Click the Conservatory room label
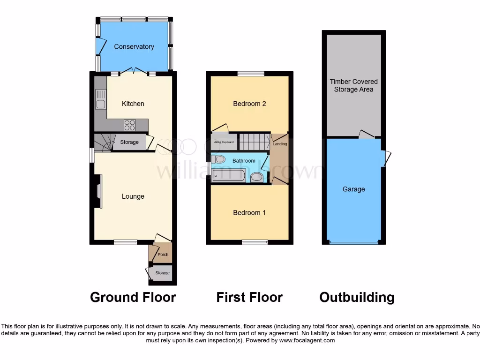pyautogui.click(x=134, y=47)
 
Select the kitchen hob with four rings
pyautogui.click(x=129, y=125)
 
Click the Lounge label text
pyautogui.click(x=133, y=196)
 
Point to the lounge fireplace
pyautogui.click(x=97, y=191)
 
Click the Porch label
pyautogui.click(x=163, y=255)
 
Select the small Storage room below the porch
pyautogui.click(x=162, y=273)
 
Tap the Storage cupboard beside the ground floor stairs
pyautogui.click(x=129, y=142)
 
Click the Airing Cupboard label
pyautogui.click(x=224, y=142)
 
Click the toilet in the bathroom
pyautogui.click(x=218, y=160)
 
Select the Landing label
pyautogui.click(x=280, y=144)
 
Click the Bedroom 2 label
pyautogui.click(x=249, y=104)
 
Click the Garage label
pyautogui.click(x=353, y=189)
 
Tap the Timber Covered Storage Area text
pyautogui.click(x=353, y=85)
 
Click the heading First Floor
pyautogui.click(x=249, y=297)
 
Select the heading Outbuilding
pyautogui.click(x=357, y=297)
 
